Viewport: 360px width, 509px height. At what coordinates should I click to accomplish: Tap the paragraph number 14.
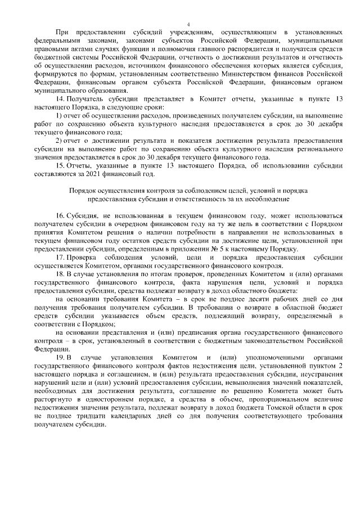click(60, 99)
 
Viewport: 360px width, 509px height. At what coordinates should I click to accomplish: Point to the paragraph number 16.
click(60, 217)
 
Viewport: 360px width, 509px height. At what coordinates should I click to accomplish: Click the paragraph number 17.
click(60, 258)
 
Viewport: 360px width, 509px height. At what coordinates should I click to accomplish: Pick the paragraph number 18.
click(60, 275)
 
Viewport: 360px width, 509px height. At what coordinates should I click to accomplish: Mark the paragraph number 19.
click(60, 358)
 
